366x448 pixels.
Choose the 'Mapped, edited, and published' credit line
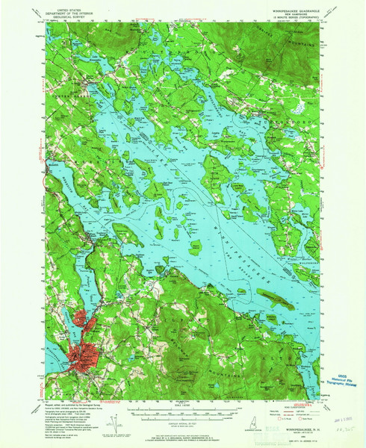pos(67,406)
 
